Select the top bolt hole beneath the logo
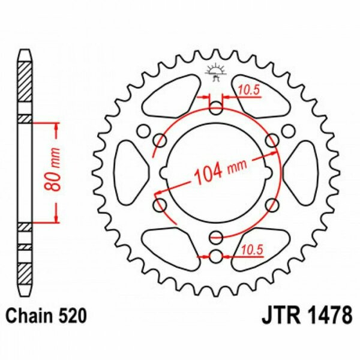[x=216, y=109]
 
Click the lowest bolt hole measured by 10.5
[x=216, y=256]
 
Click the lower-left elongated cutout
[x=172, y=245]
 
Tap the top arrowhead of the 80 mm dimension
[x=57, y=125]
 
